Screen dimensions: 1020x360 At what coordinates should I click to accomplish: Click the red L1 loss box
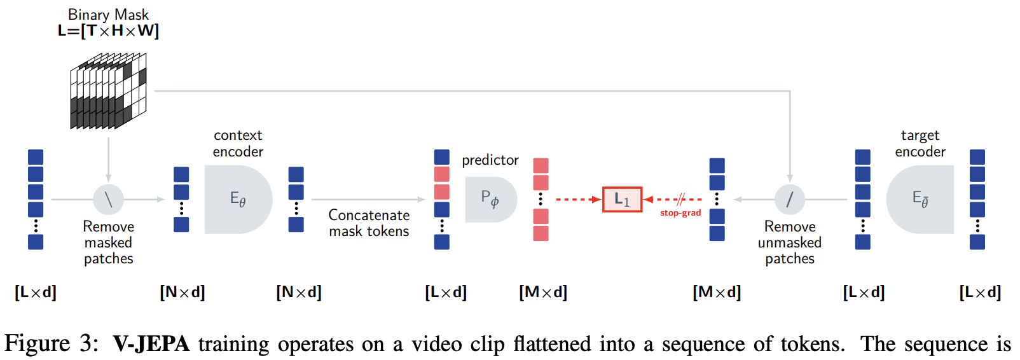(x=622, y=200)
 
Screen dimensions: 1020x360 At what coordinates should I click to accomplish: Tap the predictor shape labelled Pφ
(x=490, y=200)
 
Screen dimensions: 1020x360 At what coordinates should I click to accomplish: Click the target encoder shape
(x=920, y=200)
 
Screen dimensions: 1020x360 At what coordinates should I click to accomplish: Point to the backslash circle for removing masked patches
(x=109, y=200)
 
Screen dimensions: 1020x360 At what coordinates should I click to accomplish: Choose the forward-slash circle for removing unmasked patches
(x=790, y=200)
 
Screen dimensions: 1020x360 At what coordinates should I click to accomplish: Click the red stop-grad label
(x=680, y=213)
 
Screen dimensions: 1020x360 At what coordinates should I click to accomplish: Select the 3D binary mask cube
(x=108, y=92)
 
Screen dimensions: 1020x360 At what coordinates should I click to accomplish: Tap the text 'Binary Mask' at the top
(x=108, y=15)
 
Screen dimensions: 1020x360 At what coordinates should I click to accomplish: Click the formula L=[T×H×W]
(x=108, y=31)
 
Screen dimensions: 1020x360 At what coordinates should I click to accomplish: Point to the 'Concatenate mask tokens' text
(x=369, y=223)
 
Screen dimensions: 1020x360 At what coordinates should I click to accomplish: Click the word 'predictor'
(x=490, y=160)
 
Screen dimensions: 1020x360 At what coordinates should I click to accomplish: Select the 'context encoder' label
(x=238, y=143)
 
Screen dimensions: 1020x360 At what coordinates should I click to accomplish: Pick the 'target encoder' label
(x=920, y=143)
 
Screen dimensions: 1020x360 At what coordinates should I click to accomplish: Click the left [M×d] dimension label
(x=543, y=292)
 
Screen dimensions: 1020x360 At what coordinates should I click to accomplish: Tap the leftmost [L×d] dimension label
(x=36, y=292)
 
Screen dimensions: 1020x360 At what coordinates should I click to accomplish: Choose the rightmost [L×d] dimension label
(x=980, y=292)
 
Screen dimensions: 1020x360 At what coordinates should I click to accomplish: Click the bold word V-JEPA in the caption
(x=151, y=344)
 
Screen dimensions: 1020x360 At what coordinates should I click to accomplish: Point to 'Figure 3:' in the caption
(x=51, y=344)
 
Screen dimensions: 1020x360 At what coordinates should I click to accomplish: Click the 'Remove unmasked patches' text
(x=790, y=242)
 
